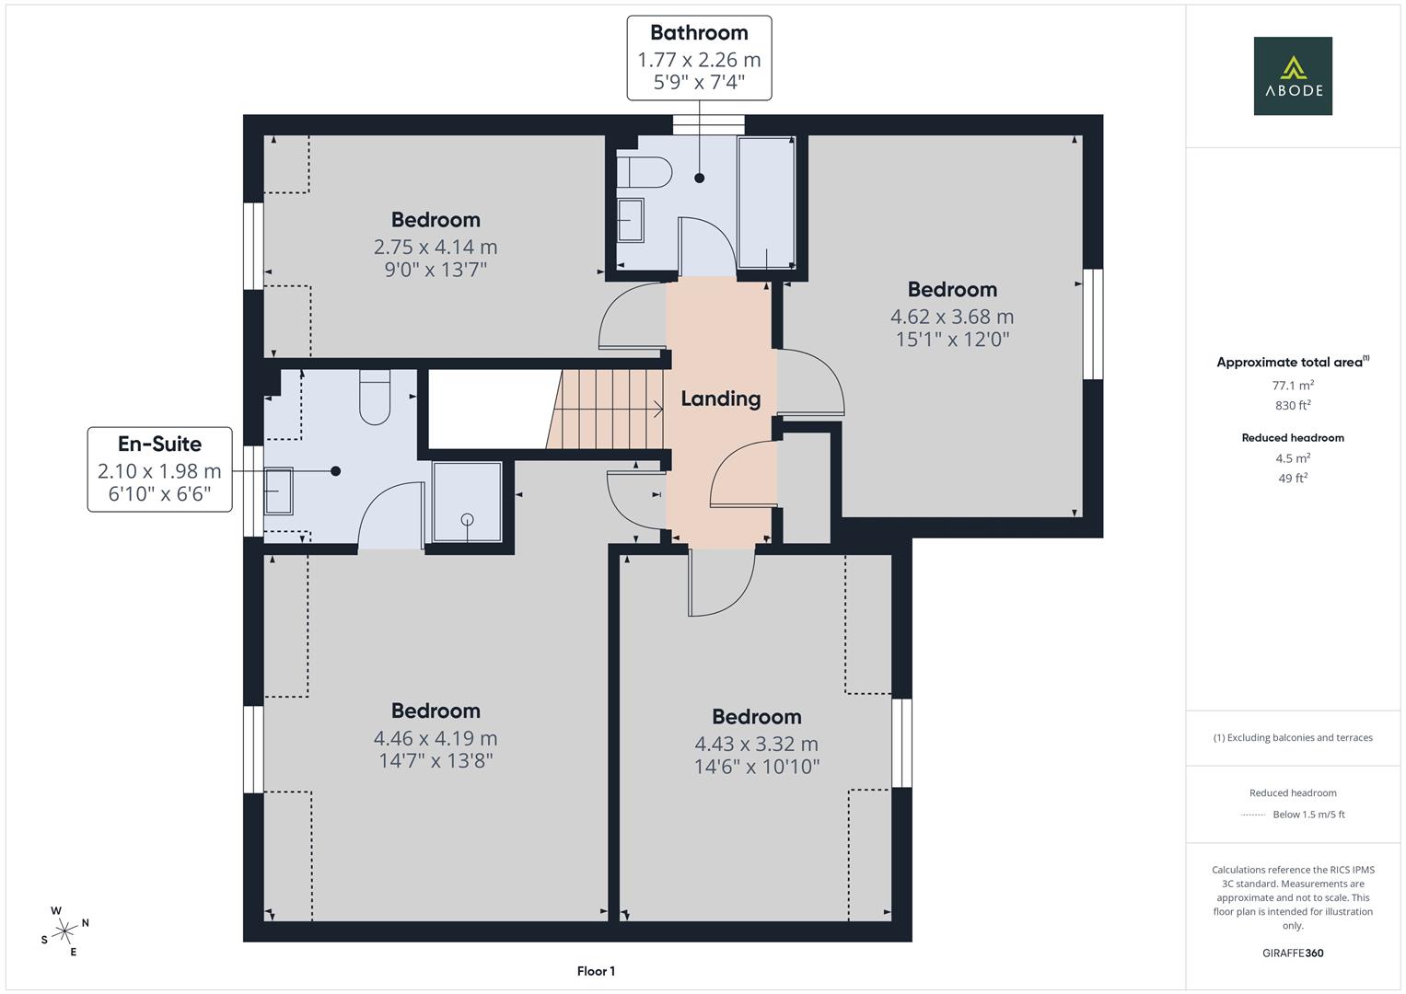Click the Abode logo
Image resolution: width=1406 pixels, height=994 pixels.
1292,75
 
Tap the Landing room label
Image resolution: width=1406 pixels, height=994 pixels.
720,399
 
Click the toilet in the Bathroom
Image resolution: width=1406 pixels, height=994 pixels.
645,171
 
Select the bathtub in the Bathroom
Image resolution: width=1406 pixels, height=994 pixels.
766,202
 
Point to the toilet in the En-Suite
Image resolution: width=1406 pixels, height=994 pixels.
375,397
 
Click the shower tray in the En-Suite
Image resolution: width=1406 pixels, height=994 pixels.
468,502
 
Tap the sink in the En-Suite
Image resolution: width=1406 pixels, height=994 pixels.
278,491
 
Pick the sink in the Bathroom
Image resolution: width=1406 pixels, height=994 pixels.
631,220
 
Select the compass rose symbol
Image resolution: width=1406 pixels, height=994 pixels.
64,931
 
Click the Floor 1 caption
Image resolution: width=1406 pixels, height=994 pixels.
596,971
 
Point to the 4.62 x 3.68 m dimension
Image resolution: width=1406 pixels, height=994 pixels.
952,317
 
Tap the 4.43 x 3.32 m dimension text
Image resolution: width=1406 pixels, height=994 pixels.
756,744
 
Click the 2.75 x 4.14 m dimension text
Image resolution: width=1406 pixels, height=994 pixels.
436,247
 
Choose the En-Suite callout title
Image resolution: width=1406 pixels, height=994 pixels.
159,444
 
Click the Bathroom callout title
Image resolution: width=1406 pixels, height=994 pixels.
699,33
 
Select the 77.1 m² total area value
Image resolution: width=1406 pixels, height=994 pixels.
1293,386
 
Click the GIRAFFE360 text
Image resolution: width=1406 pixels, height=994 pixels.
1293,953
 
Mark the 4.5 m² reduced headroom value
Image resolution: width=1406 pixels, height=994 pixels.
1293,457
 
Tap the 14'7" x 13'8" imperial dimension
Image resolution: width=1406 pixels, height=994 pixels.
436,761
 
